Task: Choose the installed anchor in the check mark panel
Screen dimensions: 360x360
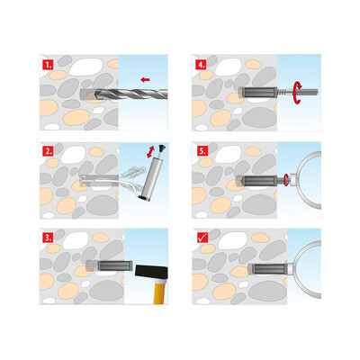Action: pos(261,268)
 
